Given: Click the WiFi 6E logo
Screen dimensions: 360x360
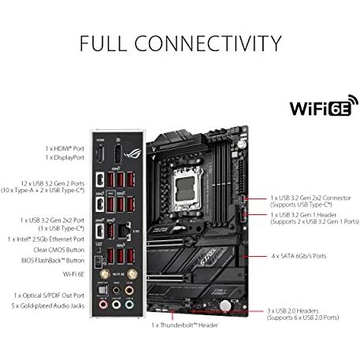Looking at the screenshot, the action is click(x=324, y=106).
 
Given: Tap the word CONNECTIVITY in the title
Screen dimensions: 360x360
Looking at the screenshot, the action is click(x=208, y=43).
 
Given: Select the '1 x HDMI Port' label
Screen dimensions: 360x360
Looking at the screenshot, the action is click(x=65, y=149).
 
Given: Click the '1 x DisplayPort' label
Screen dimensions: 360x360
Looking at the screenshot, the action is click(x=65, y=158).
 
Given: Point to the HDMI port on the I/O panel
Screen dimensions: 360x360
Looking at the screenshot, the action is click(x=100, y=154).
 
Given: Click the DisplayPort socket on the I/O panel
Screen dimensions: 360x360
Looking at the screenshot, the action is click(x=117, y=154).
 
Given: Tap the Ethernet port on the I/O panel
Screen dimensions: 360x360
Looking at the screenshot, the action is click(x=124, y=232).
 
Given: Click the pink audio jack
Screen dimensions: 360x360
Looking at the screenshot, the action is click(x=103, y=305).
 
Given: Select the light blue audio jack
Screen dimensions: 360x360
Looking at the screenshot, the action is click(x=129, y=305).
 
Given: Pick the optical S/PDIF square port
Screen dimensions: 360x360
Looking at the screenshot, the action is click(x=102, y=291).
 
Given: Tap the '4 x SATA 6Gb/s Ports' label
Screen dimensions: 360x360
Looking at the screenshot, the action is click(x=299, y=256).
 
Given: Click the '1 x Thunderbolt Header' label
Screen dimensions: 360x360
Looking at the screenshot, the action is click(x=184, y=325).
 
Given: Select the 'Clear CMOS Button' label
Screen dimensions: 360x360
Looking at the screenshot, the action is click(x=59, y=250).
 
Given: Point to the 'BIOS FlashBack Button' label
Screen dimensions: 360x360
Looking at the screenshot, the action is click(x=53, y=261).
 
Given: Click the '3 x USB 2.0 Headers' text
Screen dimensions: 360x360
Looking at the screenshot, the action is click(x=293, y=311).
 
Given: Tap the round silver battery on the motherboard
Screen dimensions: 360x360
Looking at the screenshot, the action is click(x=225, y=306).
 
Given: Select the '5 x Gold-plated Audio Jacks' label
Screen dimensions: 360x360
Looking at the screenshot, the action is click(x=48, y=306).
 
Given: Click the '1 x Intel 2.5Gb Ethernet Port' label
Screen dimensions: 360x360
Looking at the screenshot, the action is click(x=46, y=239).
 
